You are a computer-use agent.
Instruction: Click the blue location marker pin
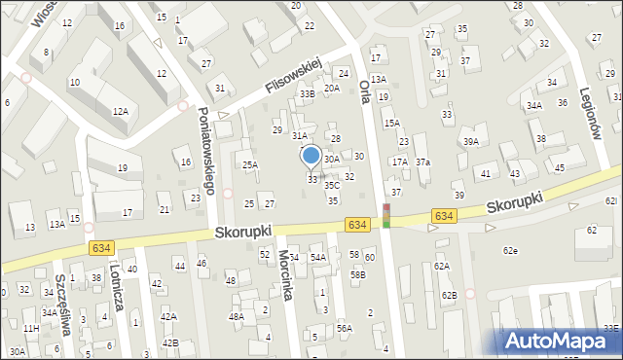[x=311, y=156]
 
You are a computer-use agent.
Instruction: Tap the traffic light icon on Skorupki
[x=386, y=216]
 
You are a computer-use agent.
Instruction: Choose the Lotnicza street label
[x=117, y=288]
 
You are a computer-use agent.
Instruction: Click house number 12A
[x=120, y=112]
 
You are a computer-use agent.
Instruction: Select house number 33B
[x=308, y=93]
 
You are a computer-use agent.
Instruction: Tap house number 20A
[x=332, y=88]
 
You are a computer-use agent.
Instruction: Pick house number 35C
[x=332, y=184]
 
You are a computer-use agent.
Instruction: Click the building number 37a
[x=422, y=162]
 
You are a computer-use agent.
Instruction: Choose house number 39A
[x=471, y=141]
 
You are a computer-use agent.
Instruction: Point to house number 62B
[x=447, y=294]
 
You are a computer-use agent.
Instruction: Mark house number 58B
[x=358, y=275]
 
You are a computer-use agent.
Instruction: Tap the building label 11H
[x=32, y=329]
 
